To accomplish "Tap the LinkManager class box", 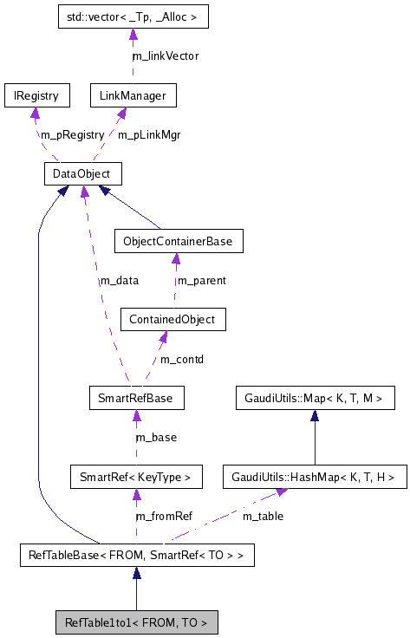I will [x=133, y=95].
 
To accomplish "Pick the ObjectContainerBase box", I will [x=178, y=241].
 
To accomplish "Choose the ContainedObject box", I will [x=172, y=319].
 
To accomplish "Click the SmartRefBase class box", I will [x=136, y=399].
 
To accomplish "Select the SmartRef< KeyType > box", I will [x=135, y=476].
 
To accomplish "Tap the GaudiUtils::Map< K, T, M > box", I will [x=315, y=399].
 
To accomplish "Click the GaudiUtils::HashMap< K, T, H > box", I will [x=314, y=476].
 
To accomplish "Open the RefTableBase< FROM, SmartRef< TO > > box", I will [x=136, y=555].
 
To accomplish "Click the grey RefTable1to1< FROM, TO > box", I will [x=136, y=622].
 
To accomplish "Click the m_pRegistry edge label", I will [x=73, y=134].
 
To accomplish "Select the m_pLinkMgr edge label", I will [x=149, y=134].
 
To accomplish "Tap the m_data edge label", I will [x=119, y=280].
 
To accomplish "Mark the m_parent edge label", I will [x=202, y=280].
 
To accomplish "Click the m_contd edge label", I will [x=182, y=359].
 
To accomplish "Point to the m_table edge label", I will [x=262, y=516].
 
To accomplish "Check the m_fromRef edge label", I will [x=165, y=516].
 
